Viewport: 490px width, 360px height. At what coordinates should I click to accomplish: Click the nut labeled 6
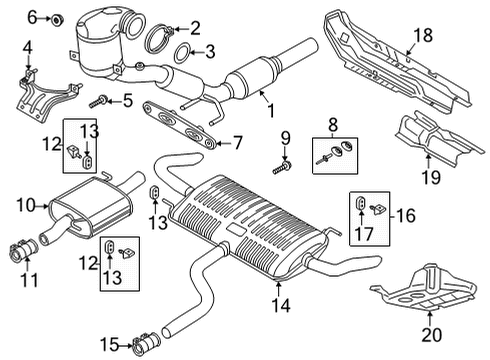click(58, 20)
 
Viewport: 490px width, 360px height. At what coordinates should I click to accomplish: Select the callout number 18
click(423, 35)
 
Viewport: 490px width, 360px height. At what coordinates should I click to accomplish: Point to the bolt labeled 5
click(98, 101)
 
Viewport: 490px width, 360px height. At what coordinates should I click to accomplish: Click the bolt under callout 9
click(282, 167)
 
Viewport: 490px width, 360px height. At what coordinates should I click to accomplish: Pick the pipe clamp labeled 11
click(23, 251)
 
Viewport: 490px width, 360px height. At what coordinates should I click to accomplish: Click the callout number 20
click(431, 335)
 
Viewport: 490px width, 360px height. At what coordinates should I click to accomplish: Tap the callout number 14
click(281, 305)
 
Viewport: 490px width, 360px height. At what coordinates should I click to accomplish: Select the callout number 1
click(272, 110)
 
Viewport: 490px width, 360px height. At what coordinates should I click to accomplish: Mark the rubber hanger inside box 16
click(361, 202)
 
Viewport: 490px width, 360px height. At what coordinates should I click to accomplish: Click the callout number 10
click(26, 205)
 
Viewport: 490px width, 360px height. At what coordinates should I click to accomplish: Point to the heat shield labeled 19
click(438, 138)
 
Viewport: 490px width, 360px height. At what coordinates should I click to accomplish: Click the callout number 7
click(237, 143)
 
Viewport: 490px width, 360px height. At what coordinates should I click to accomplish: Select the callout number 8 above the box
click(333, 126)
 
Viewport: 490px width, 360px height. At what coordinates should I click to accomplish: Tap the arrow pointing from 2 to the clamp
click(181, 29)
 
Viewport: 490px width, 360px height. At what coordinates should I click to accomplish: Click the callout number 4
click(28, 48)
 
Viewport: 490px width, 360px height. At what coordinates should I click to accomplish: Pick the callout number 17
click(363, 233)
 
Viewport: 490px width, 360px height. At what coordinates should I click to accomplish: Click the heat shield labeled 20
click(423, 288)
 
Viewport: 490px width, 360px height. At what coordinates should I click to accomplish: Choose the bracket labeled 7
click(179, 125)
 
